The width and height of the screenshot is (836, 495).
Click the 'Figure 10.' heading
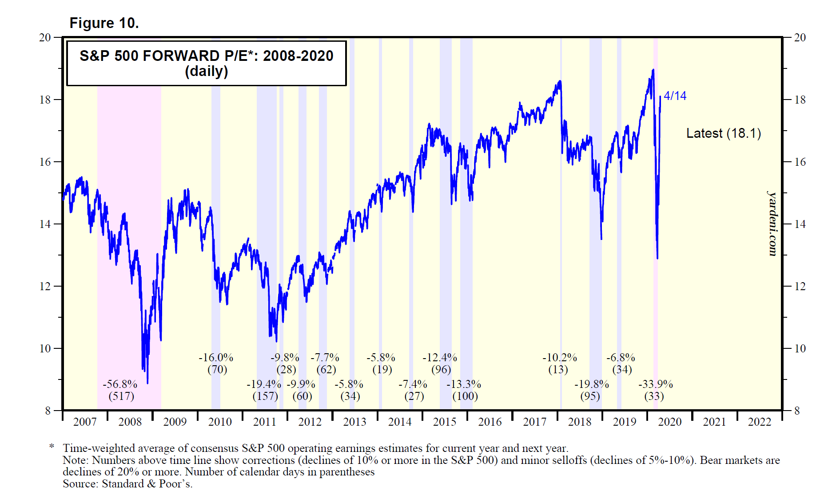104,23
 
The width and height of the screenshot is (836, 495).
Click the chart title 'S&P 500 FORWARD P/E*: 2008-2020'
206,56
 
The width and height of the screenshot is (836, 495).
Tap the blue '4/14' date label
675,96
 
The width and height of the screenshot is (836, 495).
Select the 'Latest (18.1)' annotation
723,133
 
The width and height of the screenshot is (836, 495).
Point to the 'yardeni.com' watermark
772,224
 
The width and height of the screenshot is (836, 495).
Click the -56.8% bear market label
120,384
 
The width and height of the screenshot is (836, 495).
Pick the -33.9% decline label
656,384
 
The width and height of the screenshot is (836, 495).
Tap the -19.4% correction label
264,384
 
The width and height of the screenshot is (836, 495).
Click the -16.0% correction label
216,358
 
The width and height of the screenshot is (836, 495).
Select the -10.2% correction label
560,358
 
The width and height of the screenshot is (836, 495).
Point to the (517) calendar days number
121,396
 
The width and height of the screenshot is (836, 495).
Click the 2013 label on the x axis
354,422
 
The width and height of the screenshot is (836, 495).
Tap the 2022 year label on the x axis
760,422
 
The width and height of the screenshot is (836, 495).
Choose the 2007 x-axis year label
85,422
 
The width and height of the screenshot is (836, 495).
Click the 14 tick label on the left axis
45,224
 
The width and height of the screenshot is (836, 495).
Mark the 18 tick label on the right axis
800,100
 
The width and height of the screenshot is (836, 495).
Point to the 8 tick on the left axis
48,411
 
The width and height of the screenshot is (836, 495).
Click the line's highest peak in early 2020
653,70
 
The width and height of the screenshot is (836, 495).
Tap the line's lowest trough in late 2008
147,383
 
